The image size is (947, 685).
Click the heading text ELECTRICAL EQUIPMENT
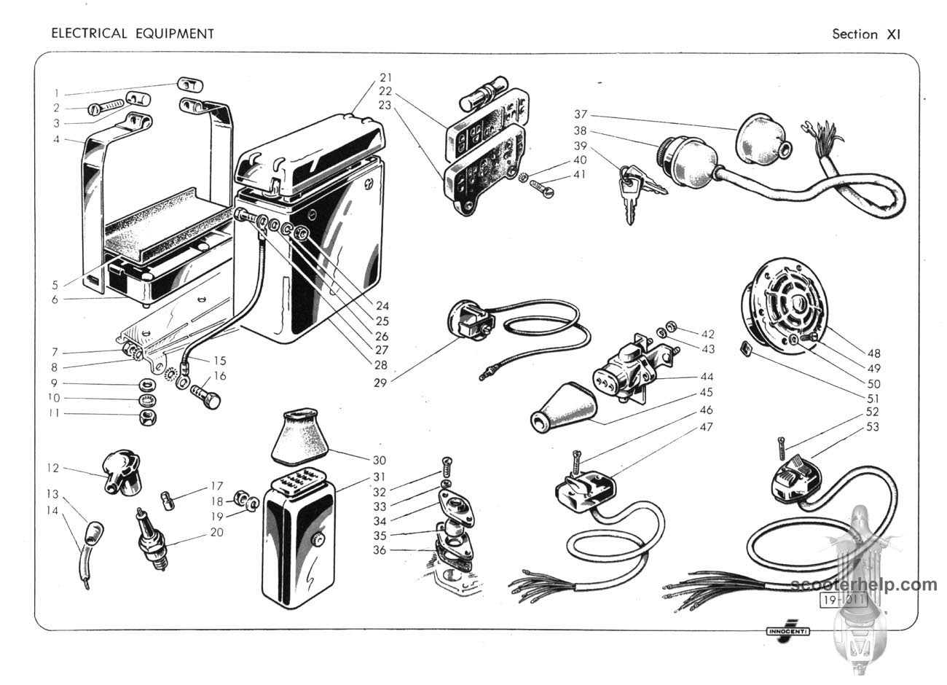pyautogui.click(x=132, y=34)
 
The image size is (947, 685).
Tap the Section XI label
pyautogui.click(x=866, y=34)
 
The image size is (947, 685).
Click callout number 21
pyautogui.click(x=385, y=78)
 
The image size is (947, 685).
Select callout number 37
pyautogui.click(x=580, y=114)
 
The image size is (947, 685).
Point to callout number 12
pyautogui.click(x=52, y=468)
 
